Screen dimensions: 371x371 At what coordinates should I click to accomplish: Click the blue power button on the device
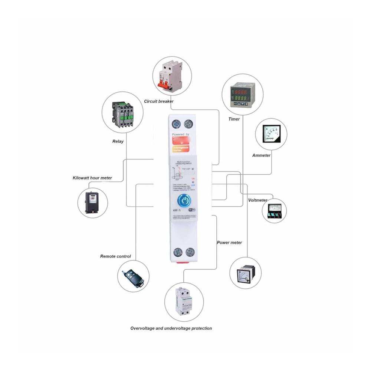coord(184,200)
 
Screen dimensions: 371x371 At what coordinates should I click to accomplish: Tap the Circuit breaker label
coord(158,101)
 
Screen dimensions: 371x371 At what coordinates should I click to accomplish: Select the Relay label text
coord(118,141)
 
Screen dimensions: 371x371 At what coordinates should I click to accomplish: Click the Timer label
coord(234,119)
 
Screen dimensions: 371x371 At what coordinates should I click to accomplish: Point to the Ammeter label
coord(261,155)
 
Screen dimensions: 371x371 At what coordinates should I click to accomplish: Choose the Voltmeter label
coord(257,200)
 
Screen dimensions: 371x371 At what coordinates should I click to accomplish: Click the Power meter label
coord(229,243)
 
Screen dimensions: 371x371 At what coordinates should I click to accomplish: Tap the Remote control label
coord(115,256)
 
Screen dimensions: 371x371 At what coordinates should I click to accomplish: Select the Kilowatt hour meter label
coord(92,178)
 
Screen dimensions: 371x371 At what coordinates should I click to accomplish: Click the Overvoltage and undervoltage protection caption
coord(171,328)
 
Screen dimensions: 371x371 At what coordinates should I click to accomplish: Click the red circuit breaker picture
coord(171,76)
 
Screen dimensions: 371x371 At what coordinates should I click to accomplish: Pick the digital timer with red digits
coord(242,95)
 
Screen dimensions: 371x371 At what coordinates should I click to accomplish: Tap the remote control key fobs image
coord(133,276)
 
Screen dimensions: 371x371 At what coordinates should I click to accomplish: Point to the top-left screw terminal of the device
coord(176,124)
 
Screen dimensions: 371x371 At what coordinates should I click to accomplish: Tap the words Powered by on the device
coord(181,134)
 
